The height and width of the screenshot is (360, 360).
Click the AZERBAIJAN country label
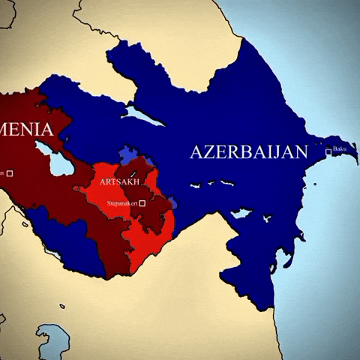pos(248,152)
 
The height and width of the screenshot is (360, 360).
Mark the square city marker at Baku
pos(328,152)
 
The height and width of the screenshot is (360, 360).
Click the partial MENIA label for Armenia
pos(27,130)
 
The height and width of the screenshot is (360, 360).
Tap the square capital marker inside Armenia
pos(10,173)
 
